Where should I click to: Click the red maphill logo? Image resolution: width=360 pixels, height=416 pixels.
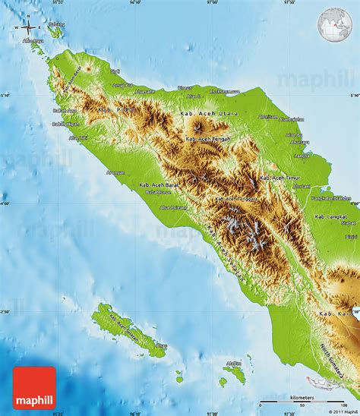pos(34,388)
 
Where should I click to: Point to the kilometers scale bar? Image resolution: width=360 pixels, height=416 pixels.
pos(304,400)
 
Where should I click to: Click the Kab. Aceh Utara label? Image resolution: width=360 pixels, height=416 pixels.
pos(209,113)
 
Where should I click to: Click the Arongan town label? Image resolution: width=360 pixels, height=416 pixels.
pos(115,172)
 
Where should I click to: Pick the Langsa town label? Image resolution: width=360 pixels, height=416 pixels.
pos(302,155)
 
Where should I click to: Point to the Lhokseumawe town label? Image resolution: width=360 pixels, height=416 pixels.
pos(225,92)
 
